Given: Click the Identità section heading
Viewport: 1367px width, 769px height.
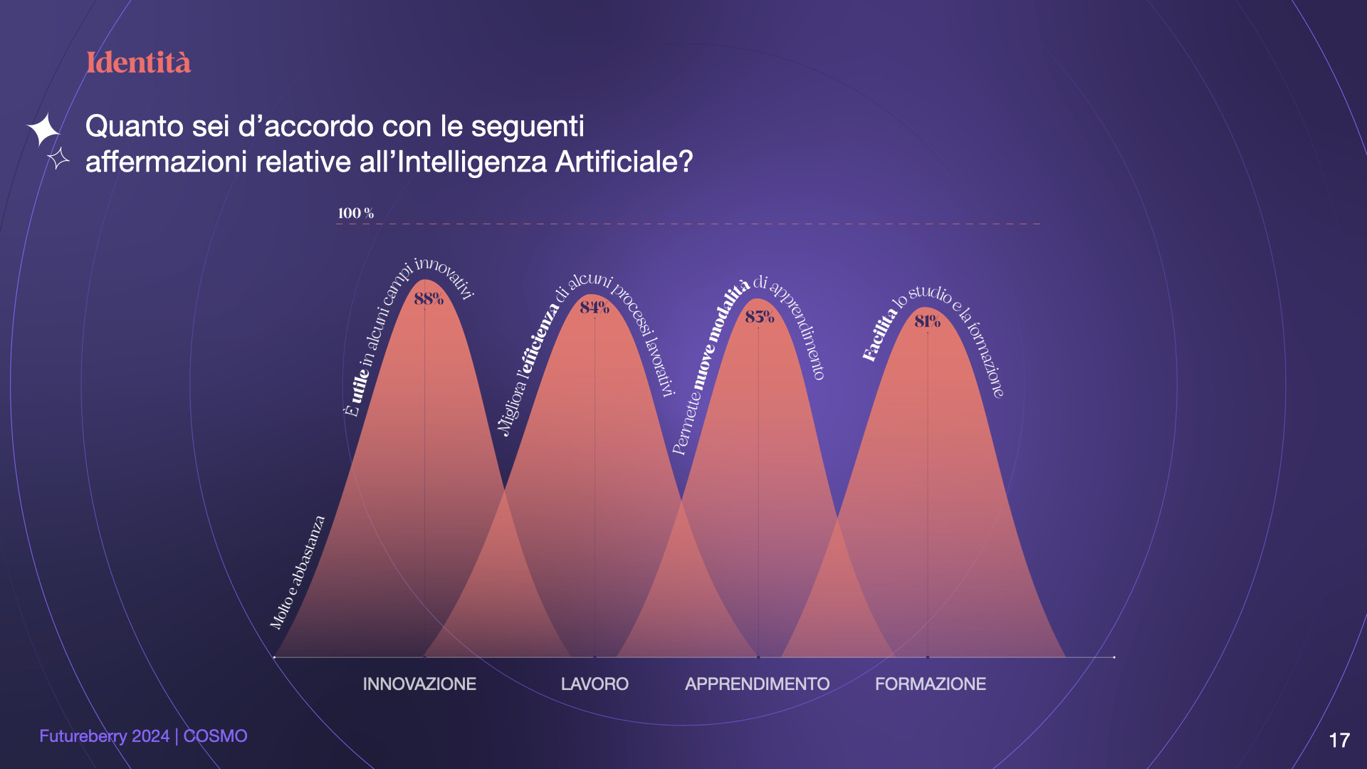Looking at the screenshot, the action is pyautogui.click(x=138, y=63).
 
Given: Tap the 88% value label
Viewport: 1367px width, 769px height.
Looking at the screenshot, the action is pyautogui.click(x=429, y=298).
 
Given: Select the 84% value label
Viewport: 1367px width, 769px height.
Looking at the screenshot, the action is pyautogui.click(x=595, y=308).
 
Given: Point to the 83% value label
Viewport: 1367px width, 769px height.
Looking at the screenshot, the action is pyautogui.click(x=759, y=317).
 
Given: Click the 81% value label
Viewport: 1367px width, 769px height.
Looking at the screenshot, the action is pyautogui.click(x=927, y=321).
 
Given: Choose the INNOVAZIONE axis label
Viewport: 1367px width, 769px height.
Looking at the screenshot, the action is pyautogui.click(x=419, y=684).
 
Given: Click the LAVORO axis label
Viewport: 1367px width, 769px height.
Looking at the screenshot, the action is pyautogui.click(x=595, y=684).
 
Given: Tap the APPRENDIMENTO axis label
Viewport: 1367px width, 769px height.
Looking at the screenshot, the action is pyautogui.click(x=757, y=684).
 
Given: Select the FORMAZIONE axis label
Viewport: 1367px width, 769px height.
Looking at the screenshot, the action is pyautogui.click(x=931, y=684).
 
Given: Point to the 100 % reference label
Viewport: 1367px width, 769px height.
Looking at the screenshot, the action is pyautogui.click(x=355, y=213).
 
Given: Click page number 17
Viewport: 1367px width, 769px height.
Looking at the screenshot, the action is pyautogui.click(x=1339, y=741).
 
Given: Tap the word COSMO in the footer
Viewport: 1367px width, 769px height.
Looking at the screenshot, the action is pyautogui.click(x=216, y=736).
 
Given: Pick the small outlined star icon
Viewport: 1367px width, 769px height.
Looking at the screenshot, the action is pyautogui.click(x=58, y=158).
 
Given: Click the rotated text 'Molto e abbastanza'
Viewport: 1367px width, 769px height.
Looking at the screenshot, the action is pyautogui.click(x=297, y=572).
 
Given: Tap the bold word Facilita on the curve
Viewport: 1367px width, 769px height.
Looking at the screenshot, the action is pyautogui.click(x=880, y=334).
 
